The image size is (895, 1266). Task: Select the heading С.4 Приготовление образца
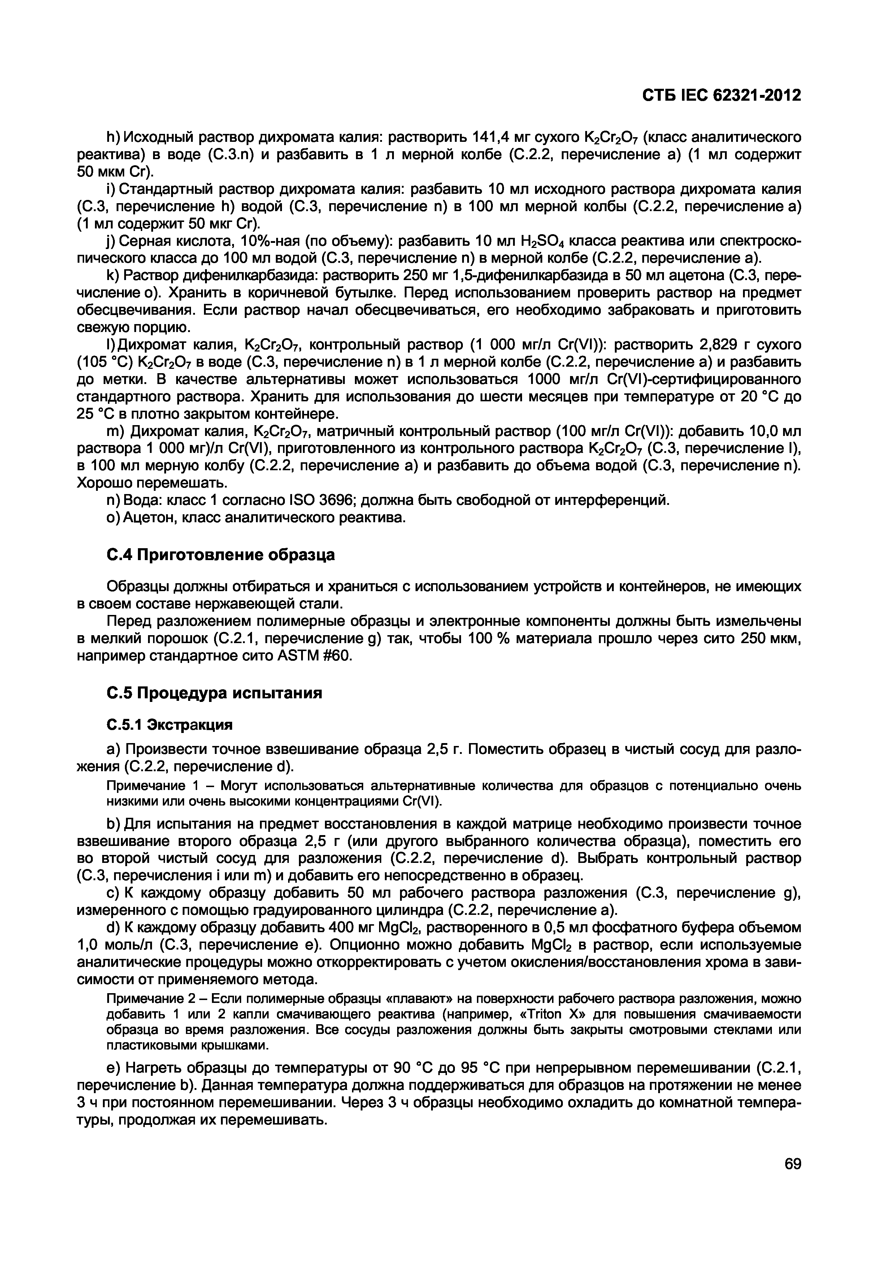[221, 554]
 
